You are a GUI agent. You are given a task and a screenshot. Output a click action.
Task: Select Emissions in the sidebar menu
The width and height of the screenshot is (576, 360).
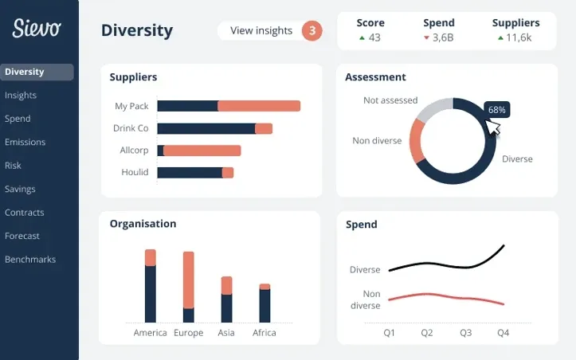pos(25,142)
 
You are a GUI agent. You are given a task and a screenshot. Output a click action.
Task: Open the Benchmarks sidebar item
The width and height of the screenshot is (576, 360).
pos(30,259)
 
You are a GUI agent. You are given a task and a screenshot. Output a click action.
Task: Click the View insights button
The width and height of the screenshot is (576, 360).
pos(261,31)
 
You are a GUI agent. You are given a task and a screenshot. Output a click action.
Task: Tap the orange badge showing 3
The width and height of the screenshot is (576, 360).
pos(312,31)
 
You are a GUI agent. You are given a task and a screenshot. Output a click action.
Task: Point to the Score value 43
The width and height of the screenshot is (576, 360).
pos(374,37)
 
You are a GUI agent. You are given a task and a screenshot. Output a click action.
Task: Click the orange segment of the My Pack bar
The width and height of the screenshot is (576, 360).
pos(259,106)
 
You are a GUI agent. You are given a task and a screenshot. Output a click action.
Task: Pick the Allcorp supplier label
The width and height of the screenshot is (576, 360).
pos(132,150)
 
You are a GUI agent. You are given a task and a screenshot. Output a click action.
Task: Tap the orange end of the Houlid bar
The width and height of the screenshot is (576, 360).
pos(228,172)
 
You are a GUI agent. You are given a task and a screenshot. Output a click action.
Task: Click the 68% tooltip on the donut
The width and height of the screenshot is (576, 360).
pos(497,109)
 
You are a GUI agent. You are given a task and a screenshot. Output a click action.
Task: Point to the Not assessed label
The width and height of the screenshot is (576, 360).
pos(390,100)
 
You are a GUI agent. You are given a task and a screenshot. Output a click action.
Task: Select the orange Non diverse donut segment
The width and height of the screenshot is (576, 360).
pos(416,141)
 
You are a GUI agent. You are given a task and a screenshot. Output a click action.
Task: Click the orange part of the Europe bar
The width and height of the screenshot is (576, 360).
pos(189,279)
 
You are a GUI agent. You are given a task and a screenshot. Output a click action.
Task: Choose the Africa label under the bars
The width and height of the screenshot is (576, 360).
pos(264,333)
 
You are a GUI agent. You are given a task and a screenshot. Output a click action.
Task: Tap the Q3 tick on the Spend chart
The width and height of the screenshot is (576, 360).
pos(465,332)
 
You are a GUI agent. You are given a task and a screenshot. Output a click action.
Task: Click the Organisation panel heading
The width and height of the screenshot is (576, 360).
pos(143,224)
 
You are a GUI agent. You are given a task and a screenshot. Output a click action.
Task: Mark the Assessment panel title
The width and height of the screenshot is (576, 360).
pos(375,77)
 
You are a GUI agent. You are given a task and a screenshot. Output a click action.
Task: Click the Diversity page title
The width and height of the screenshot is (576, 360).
pos(137,31)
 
